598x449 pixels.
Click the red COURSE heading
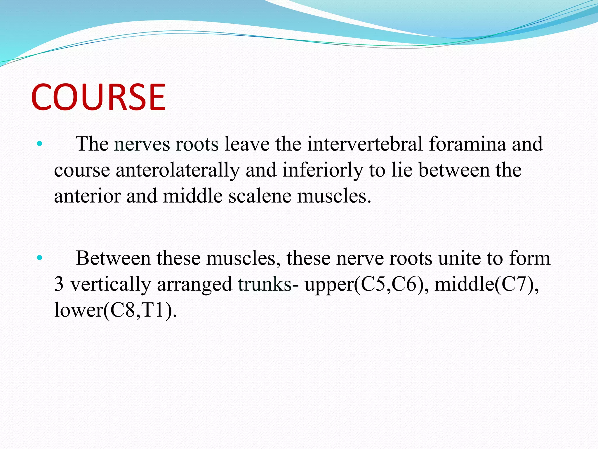pyautogui.click(x=98, y=97)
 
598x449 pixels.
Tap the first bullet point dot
pyautogui.click(x=40, y=144)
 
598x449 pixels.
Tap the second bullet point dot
pyautogui.click(x=40, y=258)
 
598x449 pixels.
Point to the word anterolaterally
pyautogui.click(x=178, y=170)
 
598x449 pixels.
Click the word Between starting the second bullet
pyautogui.click(x=113, y=258)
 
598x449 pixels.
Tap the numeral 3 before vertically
pyautogui.click(x=59, y=284)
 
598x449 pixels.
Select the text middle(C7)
pyautogui.click(x=486, y=284)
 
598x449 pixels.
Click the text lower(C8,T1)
pyautogui.click(x=115, y=310)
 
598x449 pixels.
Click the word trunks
pyautogui.click(x=264, y=284)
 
